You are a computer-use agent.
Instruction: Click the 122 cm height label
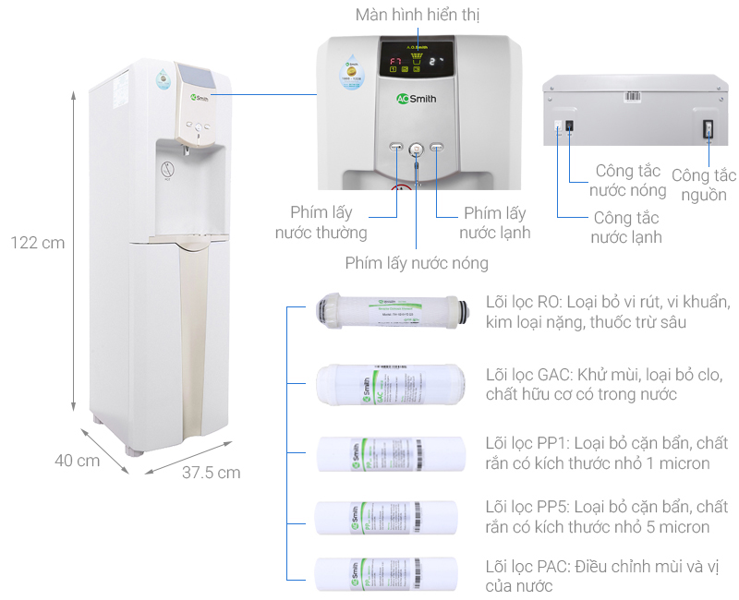pos(38,243)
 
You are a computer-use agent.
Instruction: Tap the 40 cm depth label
pos(77,461)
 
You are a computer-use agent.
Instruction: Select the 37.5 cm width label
pos(211,472)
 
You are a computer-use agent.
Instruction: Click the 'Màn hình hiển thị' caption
pos(418,16)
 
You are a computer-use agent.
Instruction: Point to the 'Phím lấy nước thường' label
pos(321,222)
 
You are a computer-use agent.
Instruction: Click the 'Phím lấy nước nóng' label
pos(417,263)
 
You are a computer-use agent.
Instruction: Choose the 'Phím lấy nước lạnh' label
pos(495,222)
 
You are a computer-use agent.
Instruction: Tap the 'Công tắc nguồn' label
pos(703,185)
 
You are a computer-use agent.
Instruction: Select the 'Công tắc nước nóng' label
pos(628,181)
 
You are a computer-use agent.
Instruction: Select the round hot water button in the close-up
pos(416,148)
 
